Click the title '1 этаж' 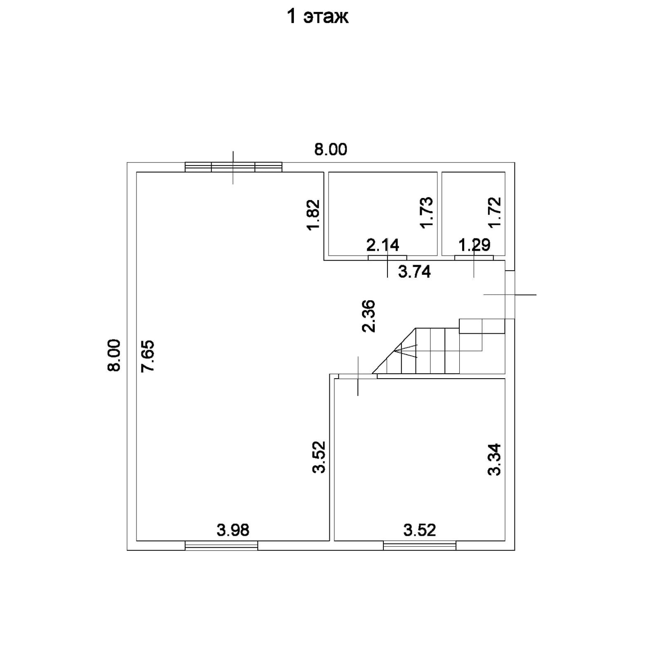[317, 17]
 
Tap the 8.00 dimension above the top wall [331, 149]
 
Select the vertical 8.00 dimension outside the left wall [114, 355]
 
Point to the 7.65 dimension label [148, 356]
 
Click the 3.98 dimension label [233, 530]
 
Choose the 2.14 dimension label [383, 245]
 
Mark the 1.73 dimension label [427, 212]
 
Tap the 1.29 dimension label [474, 245]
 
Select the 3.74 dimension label [414, 272]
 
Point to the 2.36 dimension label [369, 316]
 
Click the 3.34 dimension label [494, 459]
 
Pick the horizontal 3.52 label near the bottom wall [419, 530]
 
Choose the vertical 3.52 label [319, 457]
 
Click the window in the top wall [233, 167]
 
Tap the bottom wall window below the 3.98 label [221, 546]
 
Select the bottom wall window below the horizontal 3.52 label [420, 546]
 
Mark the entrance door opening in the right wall [510, 295]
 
